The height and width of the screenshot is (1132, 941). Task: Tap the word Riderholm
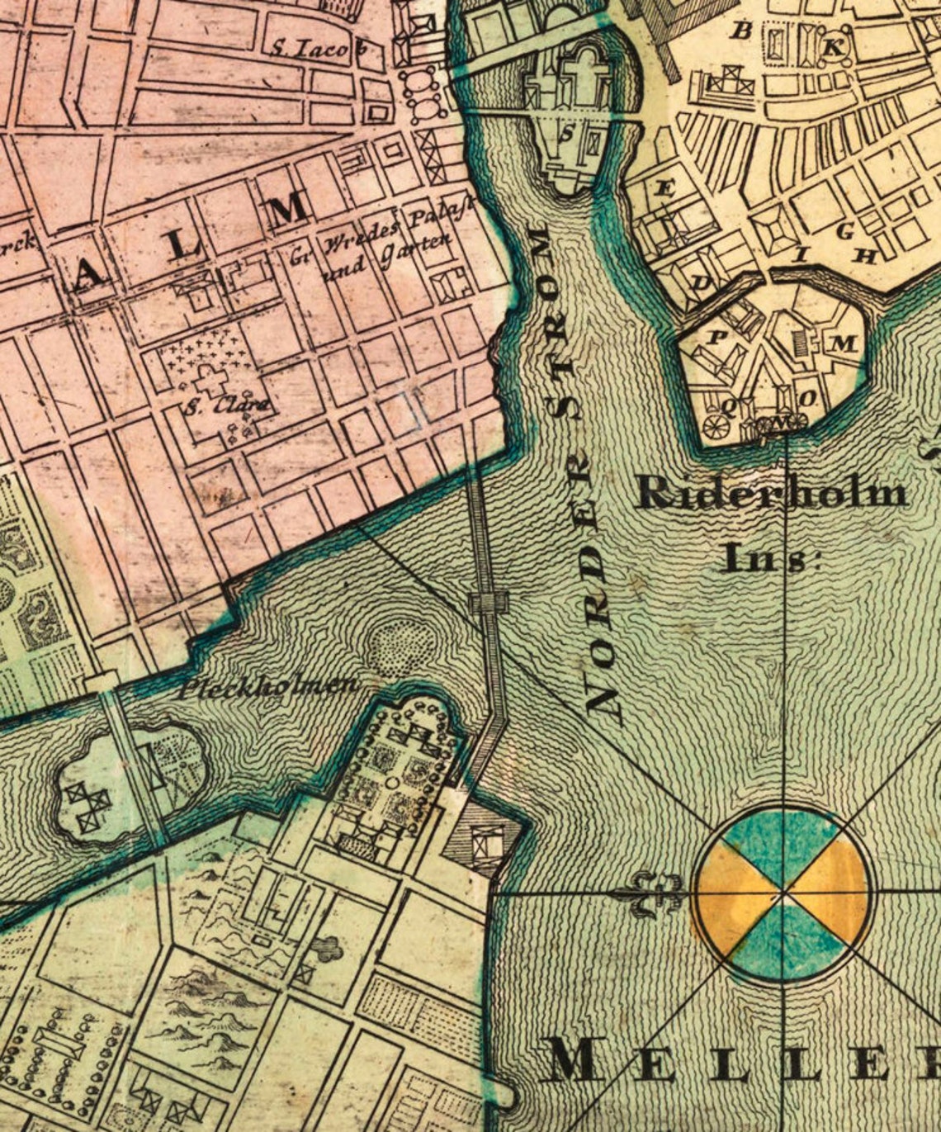[773, 494]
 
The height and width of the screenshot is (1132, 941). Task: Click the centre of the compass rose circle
[783, 893]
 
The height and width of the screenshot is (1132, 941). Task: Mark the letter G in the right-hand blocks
[844, 232]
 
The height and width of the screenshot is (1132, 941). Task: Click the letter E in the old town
[664, 188]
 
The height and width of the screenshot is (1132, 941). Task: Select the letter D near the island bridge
[702, 282]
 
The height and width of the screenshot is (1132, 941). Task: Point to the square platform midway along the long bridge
[489, 602]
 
